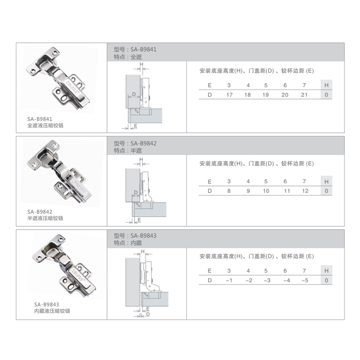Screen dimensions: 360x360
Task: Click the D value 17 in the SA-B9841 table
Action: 229,95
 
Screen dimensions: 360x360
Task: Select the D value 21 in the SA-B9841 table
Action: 304,95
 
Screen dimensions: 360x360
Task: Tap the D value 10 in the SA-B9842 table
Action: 266,191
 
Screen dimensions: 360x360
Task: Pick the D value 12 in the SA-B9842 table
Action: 305,191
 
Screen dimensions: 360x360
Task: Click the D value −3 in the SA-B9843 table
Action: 267,280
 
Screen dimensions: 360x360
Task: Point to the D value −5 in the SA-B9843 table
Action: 305,280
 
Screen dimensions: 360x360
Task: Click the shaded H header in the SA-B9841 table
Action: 326,85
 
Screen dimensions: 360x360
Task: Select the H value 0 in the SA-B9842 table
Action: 326,191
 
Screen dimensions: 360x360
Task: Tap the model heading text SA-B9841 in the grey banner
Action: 144,49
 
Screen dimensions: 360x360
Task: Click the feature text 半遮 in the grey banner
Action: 136,151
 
